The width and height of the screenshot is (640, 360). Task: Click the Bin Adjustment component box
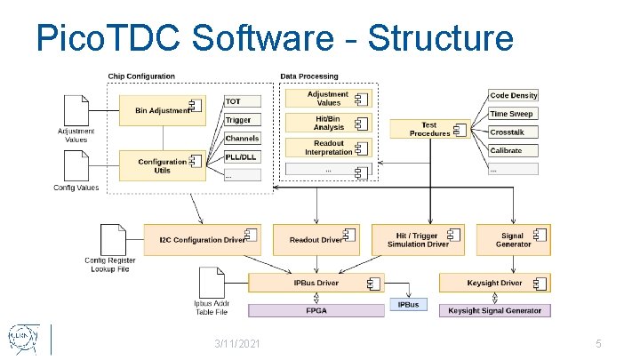[x=164, y=110]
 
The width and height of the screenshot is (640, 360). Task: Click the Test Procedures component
[x=430, y=130]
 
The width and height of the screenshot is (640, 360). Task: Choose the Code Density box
[x=514, y=95]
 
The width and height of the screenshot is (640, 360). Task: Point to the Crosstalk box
[x=514, y=132]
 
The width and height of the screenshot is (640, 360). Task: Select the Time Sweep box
[x=514, y=114]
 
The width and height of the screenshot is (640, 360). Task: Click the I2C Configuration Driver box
[x=203, y=239]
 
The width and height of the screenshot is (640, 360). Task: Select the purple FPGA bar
[x=316, y=311]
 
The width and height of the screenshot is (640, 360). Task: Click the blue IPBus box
[x=408, y=305]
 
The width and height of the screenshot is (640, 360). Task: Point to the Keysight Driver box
[x=495, y=284]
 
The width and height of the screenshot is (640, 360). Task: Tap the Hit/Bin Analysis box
[x=329, y=124]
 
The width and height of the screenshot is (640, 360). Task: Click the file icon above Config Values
[x=76, y=164]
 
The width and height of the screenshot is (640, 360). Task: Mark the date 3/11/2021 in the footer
[x=237, y=343]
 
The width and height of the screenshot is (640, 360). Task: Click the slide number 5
[x=599, y=343]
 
